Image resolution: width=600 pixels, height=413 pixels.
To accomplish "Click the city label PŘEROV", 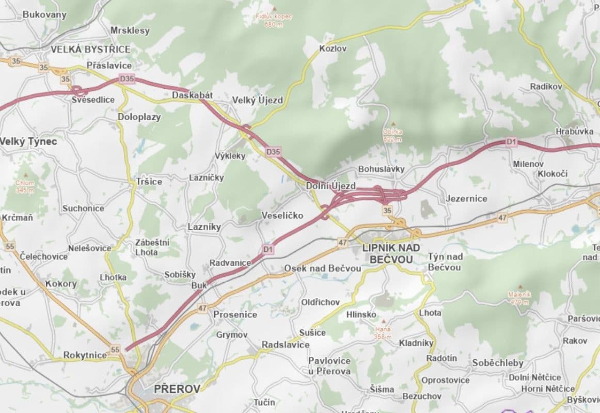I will point(177,389).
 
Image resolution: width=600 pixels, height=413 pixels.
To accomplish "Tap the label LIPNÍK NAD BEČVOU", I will point(391,253).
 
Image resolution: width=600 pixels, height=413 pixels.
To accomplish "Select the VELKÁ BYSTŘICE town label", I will point(90,49).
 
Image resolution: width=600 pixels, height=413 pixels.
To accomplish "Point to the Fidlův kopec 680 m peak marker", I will point(274,9).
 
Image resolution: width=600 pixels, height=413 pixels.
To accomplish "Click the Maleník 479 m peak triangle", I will point(518,287).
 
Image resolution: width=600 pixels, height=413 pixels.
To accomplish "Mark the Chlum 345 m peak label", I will point(24,186).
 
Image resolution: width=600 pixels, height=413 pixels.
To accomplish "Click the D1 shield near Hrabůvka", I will point(511,141).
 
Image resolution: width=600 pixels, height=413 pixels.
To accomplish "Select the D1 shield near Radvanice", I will point(268,249).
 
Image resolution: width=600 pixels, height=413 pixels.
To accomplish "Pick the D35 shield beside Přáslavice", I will point(127,79).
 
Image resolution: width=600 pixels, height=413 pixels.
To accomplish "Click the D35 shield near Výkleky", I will point(273,152).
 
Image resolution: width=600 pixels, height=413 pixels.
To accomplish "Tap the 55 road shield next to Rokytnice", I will point(115,350).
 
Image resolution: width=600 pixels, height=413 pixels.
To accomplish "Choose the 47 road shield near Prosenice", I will point(202,308).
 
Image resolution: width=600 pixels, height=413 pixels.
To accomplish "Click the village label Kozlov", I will point(333,49).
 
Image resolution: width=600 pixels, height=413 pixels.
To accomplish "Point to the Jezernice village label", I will point(466,198).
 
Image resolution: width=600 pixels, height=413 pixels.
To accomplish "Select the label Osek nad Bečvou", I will point(322,268).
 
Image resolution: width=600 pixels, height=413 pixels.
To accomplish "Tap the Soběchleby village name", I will point(497,363).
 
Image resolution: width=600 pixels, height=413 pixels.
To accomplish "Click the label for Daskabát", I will point(192,96).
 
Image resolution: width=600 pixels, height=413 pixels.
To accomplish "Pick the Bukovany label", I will point(44,14).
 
